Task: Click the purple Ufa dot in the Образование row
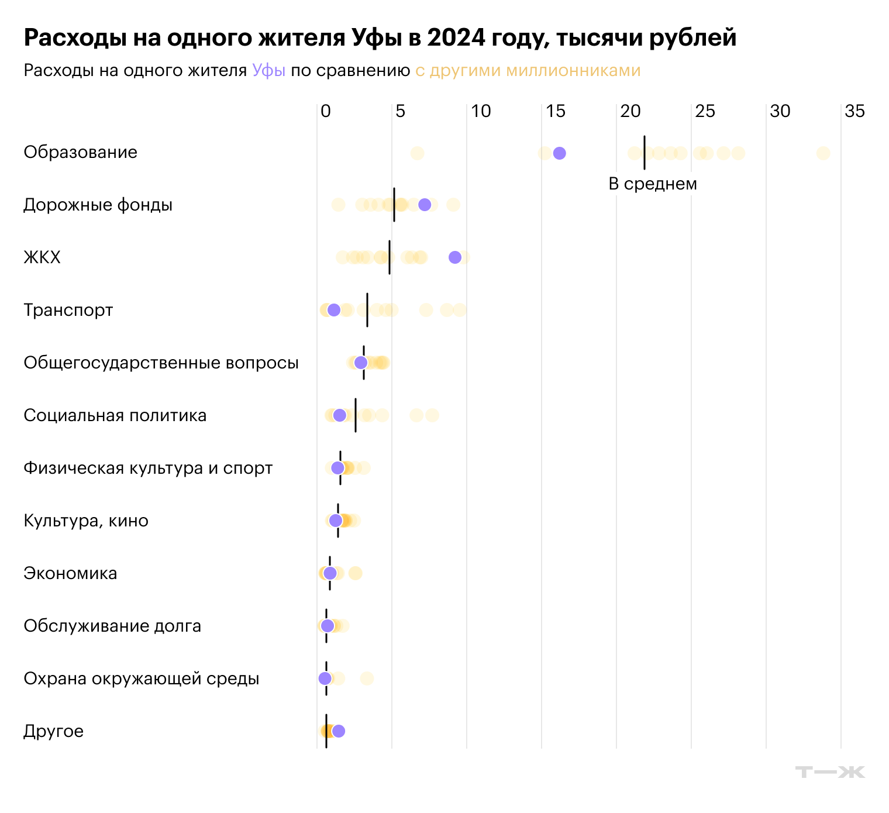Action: click(x=559, y=153)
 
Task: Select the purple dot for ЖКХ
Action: click(x=455, y=257)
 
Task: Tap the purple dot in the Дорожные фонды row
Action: click(x=425, y=205)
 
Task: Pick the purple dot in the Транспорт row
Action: click(x=333, y=310)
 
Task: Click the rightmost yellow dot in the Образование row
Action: click(x=823, y=153)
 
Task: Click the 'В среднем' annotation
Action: click(x=653, y=184)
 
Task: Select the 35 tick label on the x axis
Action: click(x=854, y=111)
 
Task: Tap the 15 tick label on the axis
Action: click(x=556, y=111)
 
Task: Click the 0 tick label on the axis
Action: click(x=326, y=111)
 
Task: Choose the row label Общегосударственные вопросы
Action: click(x=161, y=363)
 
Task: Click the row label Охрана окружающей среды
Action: click(x=141, y=679)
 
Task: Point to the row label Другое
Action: click(x=53, y=732)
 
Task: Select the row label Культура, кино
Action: click(x=86, y=521)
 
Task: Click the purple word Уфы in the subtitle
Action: click(x=268, y=71)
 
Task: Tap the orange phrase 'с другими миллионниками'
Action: click(x=528, y=71)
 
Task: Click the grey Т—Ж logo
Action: click(x=829, y=772)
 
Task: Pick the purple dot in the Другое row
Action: click(x=338, y=731)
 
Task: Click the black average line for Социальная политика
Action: click(x=356, y=415)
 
